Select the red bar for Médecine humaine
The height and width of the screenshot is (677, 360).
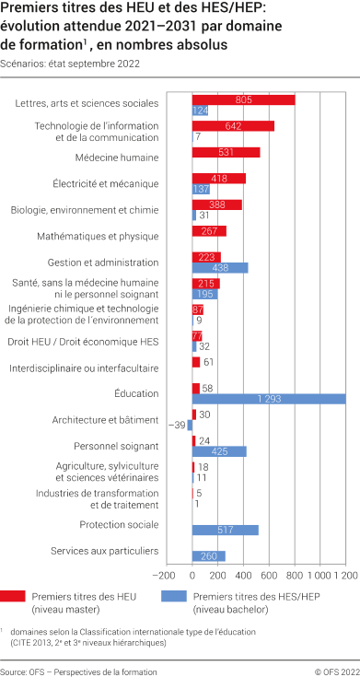[x=226, y=152]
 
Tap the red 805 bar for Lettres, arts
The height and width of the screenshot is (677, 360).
[x=243, y=99]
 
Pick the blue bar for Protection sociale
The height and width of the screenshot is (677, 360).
[x=225, y=530]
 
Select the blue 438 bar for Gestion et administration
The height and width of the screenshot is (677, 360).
[x=220, y=267]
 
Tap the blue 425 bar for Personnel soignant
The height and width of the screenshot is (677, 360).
[x=219, y=451]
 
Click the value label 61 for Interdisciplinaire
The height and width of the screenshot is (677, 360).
[x=209, y=363]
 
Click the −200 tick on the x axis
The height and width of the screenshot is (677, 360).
[x=167, y=575]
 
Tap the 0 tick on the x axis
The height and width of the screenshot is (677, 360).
[x=192, y=575]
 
